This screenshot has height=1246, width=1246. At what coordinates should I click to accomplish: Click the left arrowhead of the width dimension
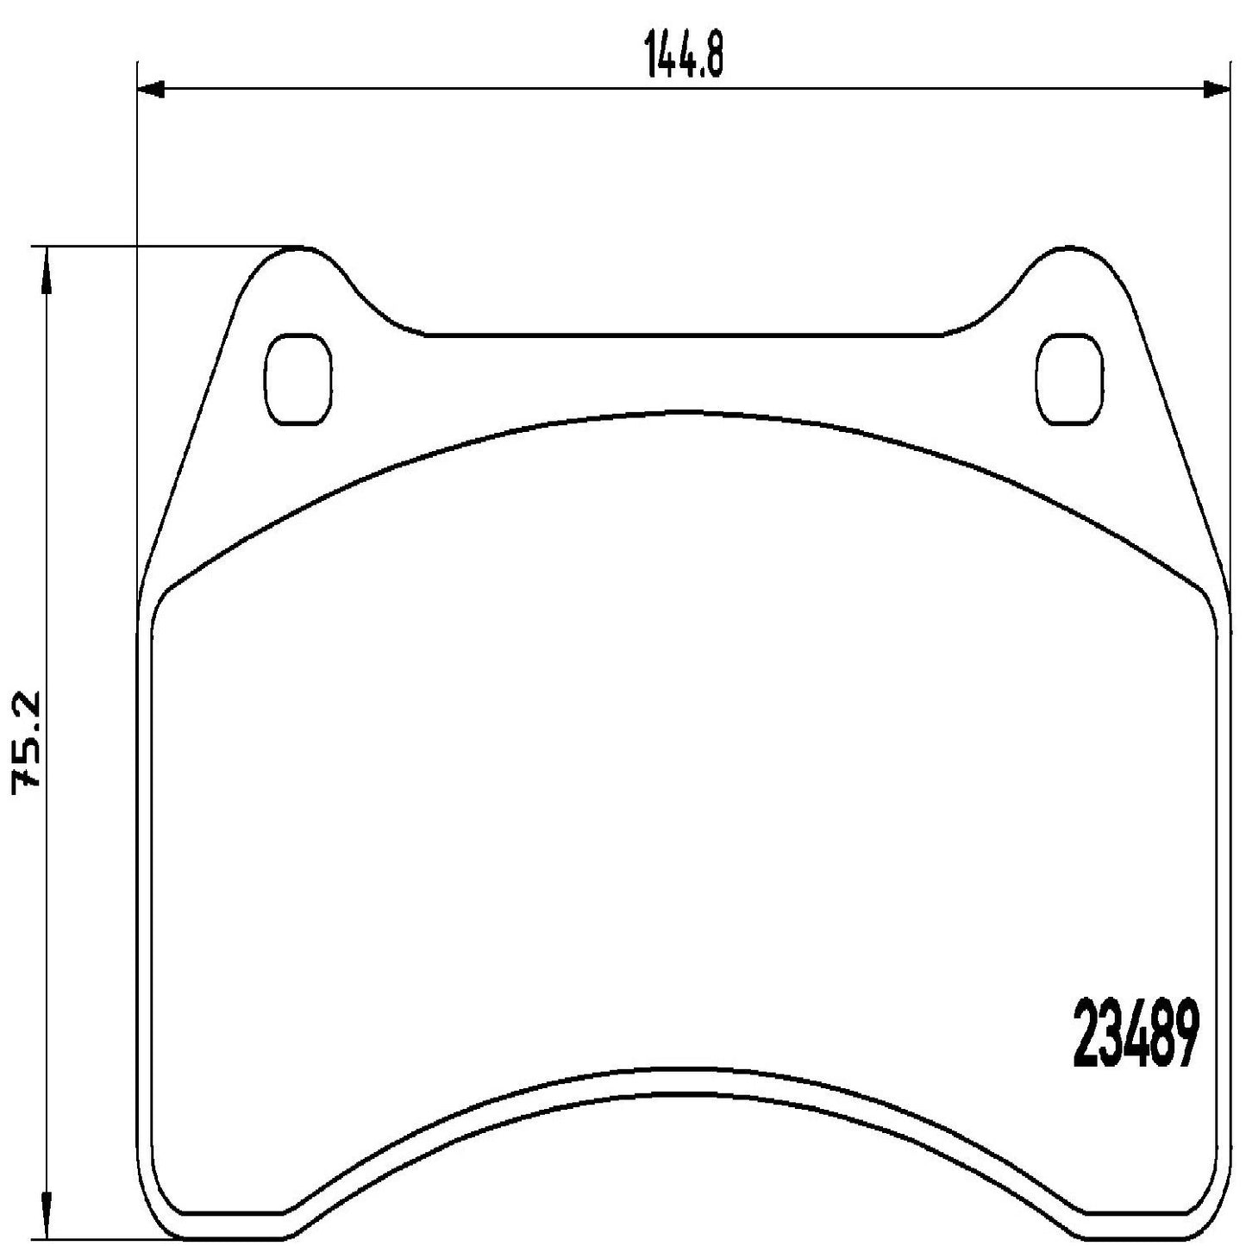pyautogui.click(x=151, y=88)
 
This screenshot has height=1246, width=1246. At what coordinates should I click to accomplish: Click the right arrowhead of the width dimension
pyautogui.click(x=1217, y=88)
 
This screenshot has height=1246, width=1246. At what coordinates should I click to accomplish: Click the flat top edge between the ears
pyautogui.click(x=686, y=335)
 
